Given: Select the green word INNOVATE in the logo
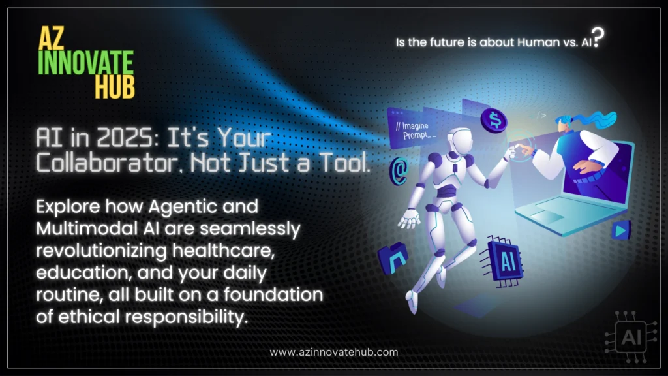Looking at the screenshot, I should pyautogui.click(x=85, y=63).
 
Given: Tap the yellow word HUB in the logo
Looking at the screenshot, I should pyautogui.click(x=115, y=86).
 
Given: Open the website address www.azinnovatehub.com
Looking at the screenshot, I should pyautogui.click(x=333, y=352).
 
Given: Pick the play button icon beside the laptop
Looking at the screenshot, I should pyautogui.click(x=621, y=229).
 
